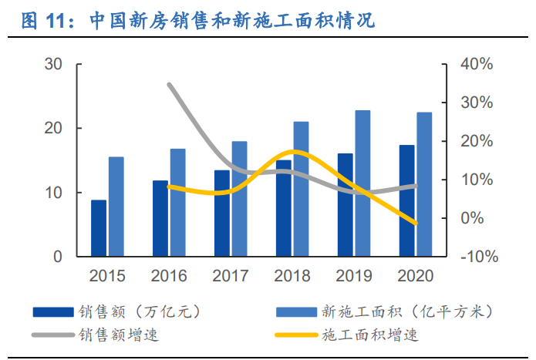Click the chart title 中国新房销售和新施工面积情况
click(231, 21)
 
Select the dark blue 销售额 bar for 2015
click(99, 228)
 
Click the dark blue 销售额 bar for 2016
click(160, 218)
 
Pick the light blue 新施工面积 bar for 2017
click(239, 199)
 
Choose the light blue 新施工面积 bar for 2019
click(362, 183)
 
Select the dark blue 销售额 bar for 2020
click(406, 200)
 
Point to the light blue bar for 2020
click(424, 184)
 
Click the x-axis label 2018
click(292, 275)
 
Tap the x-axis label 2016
click(169, 275)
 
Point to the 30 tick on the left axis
click(53, 64)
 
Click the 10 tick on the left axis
click(53, 192)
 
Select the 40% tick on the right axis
click(476, 64)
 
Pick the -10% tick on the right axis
click(476, 257)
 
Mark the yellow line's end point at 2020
click(416, 224)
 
